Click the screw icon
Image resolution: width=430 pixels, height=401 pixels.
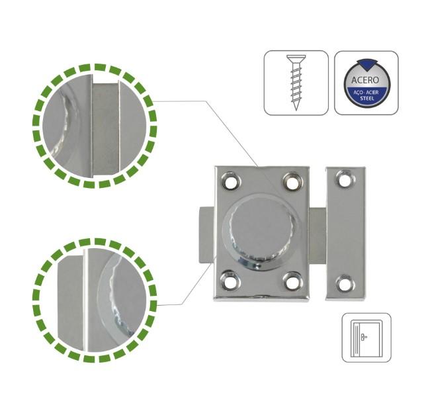pos(296,83)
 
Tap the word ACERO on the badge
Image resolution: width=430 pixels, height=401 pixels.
pos(365,80)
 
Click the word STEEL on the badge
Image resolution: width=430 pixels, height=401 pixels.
pos(367,98)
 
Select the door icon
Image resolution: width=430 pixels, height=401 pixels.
pos(366,337)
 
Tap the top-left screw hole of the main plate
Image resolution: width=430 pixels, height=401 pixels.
pos(231,181)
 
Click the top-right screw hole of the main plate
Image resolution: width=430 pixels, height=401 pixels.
pos(292,181)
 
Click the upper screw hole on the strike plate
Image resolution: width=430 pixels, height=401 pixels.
pos(345,179)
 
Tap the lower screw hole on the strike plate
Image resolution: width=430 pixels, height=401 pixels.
pos(345,284)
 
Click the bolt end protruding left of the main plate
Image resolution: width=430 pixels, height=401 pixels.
pos(206,235)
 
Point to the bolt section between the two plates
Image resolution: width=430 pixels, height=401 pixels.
pos(318,235)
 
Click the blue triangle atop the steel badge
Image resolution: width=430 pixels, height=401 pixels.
pos(366,64)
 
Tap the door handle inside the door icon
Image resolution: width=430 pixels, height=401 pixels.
pos(364,336)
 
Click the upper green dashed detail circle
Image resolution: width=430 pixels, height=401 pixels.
pos(95,126)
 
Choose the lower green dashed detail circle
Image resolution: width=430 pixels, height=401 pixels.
pos(95,300)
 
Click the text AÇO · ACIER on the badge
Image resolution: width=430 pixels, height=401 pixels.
pos(366,93)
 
